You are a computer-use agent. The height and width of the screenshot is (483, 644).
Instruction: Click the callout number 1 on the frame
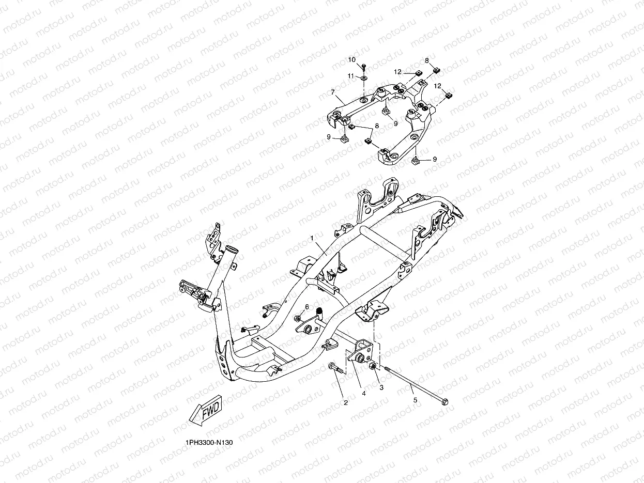pyautogui.click(x=312, y=238)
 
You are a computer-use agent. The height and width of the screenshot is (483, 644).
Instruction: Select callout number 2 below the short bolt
pyautogui.click(x=346, y=402)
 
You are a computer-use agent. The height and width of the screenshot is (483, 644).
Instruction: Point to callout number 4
pyautogui.click(x=364, y=393)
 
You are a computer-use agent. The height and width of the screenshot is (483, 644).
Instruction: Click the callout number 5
pyautogui.click(x=414, y=399)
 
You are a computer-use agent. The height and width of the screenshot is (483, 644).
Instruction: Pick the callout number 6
pyautogui.click(x=306, y=307)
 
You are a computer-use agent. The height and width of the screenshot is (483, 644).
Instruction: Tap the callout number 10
pyautogui.click(x=352, y=60)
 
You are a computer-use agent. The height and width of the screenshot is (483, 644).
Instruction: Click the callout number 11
pyautogui.click(x=350, y=76)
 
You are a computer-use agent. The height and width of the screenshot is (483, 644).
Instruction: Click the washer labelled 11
pyautogui.click(x=364, y=77)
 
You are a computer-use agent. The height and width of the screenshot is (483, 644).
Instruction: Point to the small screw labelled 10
pyautogui.click(x=364, y=66)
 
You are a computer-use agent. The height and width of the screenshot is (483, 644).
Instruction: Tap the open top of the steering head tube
pyautogui.click(x=231, y=250)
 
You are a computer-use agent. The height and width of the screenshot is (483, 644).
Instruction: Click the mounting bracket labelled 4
pyautogui.click(x=362, y=353)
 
